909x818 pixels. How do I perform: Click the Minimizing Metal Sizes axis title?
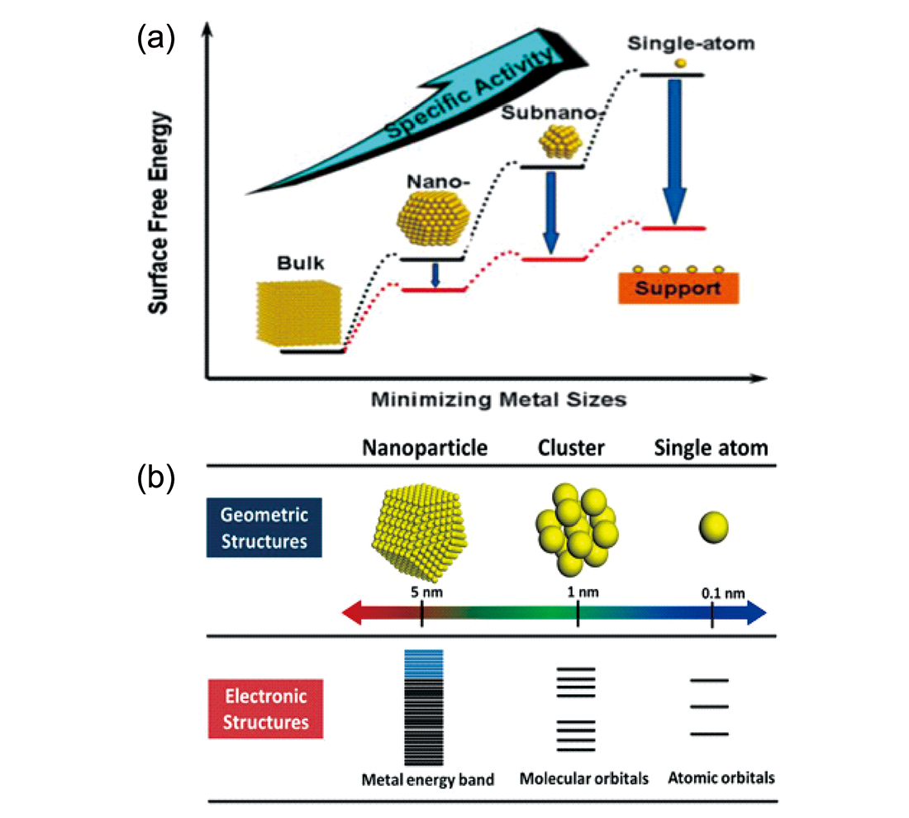(x=498, y=400)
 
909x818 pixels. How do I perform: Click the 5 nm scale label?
(x=421, y=592)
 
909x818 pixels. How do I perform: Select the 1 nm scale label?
(x=578, y=592)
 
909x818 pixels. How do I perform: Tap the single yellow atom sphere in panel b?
(x=712, y=526)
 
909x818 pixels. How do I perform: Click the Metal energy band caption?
(x=427, y=778)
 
